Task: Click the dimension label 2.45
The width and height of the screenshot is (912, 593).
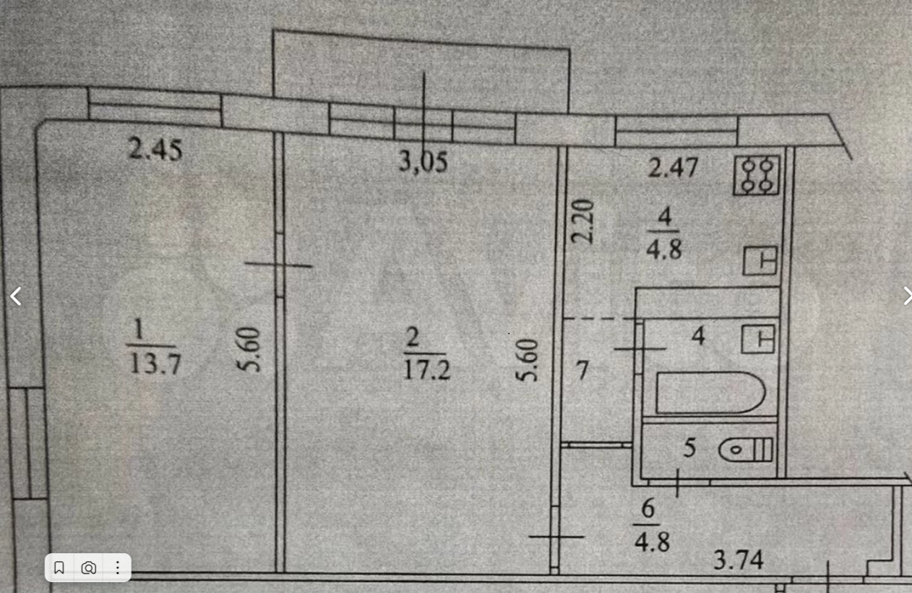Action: (155, 151)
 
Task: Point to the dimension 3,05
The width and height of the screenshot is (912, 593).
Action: (423, 161)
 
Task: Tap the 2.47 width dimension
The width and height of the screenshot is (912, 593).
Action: (673, 168)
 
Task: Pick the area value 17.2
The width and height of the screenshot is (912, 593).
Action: (427, 370)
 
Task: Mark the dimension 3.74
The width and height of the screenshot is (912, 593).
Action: (739, 560)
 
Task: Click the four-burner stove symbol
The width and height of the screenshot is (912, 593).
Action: (757, 176)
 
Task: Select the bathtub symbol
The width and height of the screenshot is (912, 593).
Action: (710, 393)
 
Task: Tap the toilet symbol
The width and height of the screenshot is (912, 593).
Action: (747, 451)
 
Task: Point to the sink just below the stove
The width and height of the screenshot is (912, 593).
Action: (760, 260)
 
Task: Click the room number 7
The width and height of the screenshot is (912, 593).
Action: (582, 371)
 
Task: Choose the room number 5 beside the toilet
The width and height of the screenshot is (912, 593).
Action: (689, 448)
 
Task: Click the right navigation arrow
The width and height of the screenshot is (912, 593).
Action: (906, 296)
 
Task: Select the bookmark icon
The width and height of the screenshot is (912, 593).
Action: (59, 568)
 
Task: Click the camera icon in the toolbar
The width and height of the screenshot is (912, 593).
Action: (88, 568)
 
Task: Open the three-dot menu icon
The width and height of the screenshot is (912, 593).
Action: (117, 568)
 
